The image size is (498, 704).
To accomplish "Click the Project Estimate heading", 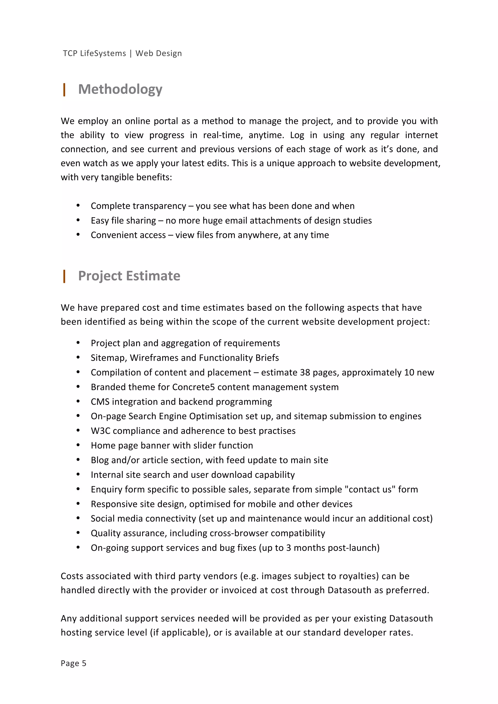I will (129, 276).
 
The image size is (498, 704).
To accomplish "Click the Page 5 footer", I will (73, 663).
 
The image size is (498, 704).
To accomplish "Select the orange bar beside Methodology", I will (64, 90).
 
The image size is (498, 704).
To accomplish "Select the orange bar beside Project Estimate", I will (64, 276).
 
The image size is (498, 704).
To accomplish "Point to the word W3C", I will (100, 431).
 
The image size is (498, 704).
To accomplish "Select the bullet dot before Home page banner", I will (78, 445).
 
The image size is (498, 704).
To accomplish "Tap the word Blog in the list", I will (100, 460).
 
